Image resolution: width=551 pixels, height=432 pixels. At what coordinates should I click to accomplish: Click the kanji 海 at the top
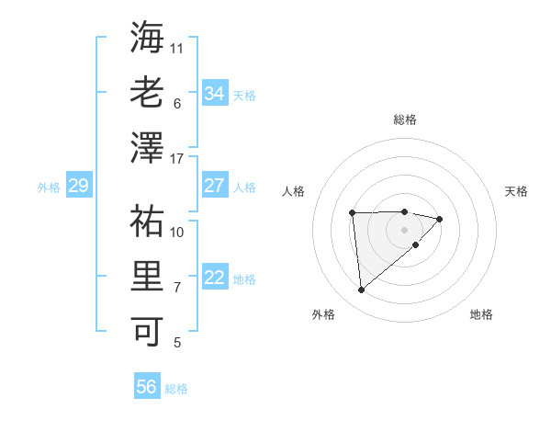point(147,38)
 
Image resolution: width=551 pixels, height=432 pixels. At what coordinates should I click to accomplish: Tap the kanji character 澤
point(147,149)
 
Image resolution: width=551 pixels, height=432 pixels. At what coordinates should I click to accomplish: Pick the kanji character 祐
point(147,222)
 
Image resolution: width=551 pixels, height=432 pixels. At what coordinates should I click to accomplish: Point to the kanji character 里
point(147,277)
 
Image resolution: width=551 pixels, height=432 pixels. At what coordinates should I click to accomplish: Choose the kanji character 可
point(147,332)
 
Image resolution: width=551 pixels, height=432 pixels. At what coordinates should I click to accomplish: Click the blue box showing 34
point(215,93)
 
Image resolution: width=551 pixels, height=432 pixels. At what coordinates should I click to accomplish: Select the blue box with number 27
point(215,186)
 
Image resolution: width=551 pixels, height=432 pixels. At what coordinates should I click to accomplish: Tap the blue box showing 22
point(215,278)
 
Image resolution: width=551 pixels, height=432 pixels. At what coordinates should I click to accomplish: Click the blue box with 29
point(78,186)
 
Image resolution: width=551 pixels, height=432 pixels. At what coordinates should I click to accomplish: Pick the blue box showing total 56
point(147,387)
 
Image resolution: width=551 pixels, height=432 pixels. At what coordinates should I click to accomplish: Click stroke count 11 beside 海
point(177,47)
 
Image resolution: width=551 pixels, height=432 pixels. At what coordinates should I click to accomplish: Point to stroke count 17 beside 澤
point(177,159)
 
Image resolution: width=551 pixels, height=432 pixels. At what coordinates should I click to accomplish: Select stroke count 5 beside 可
point(177,343)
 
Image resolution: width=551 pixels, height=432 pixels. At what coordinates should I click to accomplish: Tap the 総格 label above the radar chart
point(404,119)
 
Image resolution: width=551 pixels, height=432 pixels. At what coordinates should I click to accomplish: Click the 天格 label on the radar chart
point(516,191)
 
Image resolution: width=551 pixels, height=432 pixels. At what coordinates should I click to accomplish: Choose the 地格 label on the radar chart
point(481,314)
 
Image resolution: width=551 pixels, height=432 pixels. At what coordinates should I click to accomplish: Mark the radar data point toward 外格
point(362,290)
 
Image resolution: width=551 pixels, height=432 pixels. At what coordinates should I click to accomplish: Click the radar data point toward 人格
point(352,213)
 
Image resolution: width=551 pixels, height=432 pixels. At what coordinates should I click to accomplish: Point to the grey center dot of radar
point(404,229)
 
